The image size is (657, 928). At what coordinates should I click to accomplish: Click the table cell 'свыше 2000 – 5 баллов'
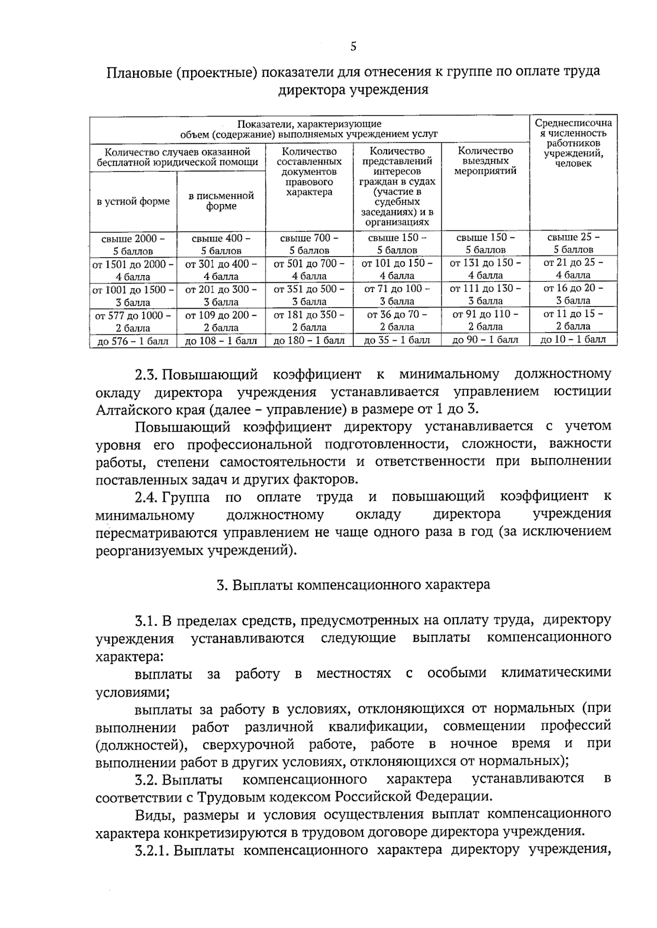133,245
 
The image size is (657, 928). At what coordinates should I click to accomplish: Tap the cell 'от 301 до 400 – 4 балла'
221,270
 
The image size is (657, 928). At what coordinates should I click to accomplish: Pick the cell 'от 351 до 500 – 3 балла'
309,295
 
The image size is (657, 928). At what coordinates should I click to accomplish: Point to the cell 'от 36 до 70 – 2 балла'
397,320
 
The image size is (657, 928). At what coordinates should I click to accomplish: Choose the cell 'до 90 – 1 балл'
485,340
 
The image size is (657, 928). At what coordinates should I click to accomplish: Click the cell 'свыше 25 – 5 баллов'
573,243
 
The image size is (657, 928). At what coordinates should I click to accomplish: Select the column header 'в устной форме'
133,201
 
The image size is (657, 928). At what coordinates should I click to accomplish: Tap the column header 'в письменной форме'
221,201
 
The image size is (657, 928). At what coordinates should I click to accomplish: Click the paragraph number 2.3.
147,375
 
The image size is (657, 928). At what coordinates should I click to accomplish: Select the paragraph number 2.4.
147,497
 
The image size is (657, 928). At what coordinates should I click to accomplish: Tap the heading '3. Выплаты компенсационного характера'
353,585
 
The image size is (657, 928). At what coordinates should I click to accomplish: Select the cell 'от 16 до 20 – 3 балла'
573,294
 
